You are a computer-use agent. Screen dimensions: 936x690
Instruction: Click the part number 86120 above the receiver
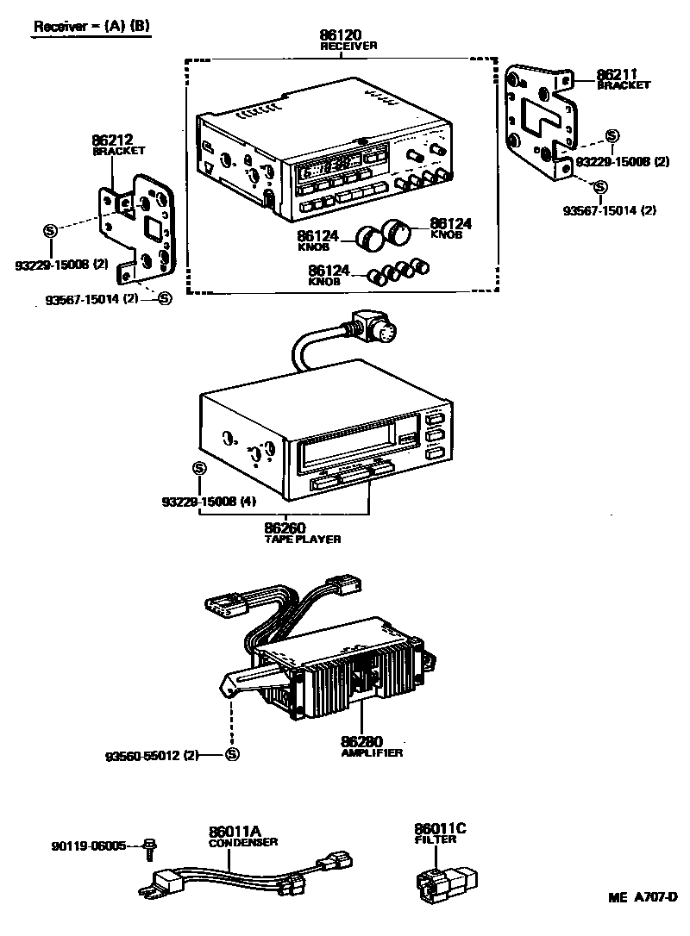coord(341,36)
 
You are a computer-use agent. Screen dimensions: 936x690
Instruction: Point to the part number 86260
coord(286,527)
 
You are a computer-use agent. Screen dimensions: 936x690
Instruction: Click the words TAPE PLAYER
coord(302,540)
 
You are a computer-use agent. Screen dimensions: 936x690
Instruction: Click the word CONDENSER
coord(243,843)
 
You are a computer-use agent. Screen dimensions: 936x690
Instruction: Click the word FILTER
coord(435,839)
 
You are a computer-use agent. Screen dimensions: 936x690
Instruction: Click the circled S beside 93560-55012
coord(231,755)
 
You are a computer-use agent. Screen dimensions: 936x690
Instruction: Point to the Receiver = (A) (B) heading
coord(91,26)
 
